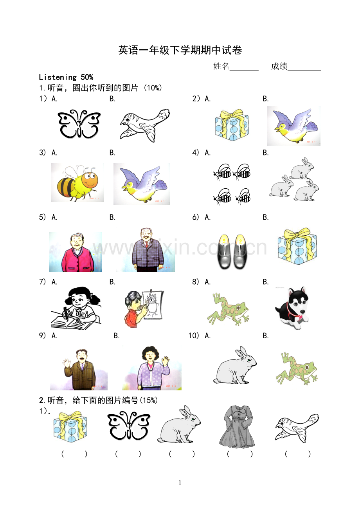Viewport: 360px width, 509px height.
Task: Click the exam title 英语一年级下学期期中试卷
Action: (x=180, y=50)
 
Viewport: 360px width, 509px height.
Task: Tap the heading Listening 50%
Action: (x=66, y=77)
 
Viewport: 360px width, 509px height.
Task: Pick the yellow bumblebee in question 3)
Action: (x=77, y=182)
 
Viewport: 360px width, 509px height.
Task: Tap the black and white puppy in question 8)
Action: (x=292, y=308)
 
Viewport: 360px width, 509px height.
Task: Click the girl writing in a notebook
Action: (x=76, y=307)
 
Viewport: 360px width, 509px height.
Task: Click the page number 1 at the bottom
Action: (x=180, y=483)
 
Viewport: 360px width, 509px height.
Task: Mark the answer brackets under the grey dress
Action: (x=239, y=454)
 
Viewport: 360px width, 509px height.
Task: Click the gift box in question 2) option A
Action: (x=232, y=125)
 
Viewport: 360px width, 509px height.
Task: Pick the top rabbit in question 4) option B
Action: (x=302, y=169)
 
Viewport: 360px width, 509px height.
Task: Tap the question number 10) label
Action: (x=194, y=336)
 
